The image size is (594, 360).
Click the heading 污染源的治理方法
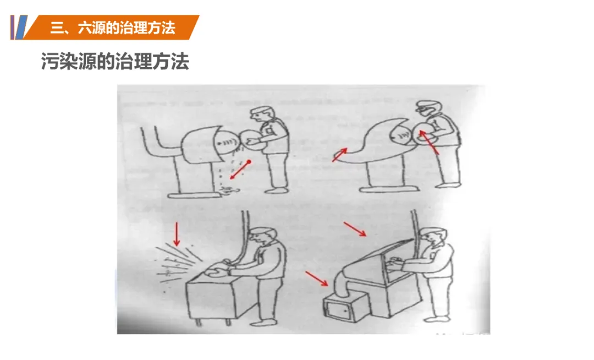click(115, 61)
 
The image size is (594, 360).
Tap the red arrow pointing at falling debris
click(240, 170)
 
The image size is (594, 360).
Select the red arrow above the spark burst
click(176, 234)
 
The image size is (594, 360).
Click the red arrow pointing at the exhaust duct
click(317, 278)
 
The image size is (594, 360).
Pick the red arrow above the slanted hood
click(355, 229)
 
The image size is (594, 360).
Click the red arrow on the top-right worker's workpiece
click(429, 142)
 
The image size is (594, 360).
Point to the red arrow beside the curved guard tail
click(339, 155)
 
